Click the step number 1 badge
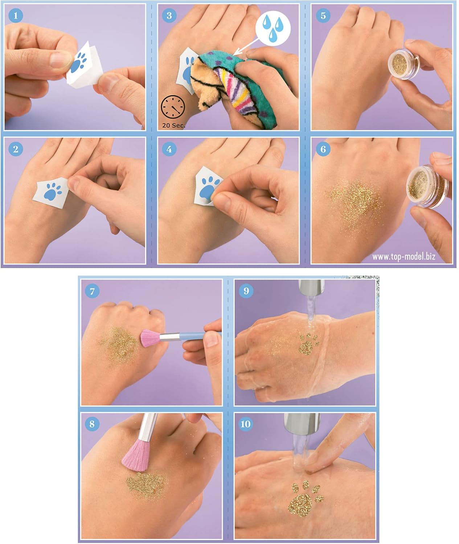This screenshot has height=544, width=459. pyautogui.click(x=16, y=16)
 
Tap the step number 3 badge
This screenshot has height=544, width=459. pyautogui.click(x=169, y=16)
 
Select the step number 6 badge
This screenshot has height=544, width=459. pyautogui.click(x=323, y=149)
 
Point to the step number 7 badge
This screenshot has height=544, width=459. pyautogui.click(x=92, y=291)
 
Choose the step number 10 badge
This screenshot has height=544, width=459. pyautogui.click(x=246, y=424)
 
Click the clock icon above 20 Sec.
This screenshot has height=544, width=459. pyautogui.click(x=173, y=107)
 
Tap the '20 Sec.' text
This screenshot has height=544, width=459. pyautogui.click(x=173, y=125)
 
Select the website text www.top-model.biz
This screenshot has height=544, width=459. pyautogui.click(x=404, y=257)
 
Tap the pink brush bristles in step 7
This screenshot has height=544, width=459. pyautogui.click(x=150, y=338)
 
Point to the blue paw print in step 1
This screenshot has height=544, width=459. pyautogui.click(x=78, y=62)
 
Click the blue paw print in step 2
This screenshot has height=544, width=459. pyautogui.click(x=53, y=192)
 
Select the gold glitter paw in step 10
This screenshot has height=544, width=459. pyautogui.click(x=305, y=498)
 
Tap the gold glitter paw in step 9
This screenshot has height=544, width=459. pyautogui.click(x=309, y=344)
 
